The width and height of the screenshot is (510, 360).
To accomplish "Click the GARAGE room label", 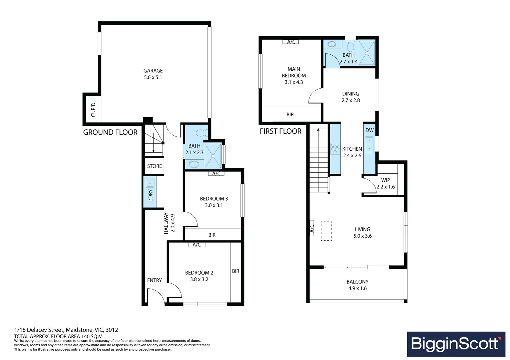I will [153, 71].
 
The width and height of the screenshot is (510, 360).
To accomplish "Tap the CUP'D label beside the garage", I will [93, 110].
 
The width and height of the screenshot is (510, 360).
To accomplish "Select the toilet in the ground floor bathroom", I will [201, 133].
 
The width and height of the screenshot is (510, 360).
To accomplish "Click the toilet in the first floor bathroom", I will [350, 46].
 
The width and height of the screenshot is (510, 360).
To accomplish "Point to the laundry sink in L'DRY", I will [150, 183].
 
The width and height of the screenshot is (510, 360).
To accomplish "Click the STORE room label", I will [154, 166].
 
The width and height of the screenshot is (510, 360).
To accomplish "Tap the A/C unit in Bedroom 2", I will [197, 245].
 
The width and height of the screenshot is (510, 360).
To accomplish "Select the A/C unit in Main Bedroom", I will [291, 42].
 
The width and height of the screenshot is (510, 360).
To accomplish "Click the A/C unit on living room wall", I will [312, 228].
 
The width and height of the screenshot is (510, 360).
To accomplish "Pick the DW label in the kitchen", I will [369, 130].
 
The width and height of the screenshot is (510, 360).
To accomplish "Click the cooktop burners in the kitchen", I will [335, 148].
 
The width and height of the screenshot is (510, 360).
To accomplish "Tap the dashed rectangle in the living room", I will [326, 231].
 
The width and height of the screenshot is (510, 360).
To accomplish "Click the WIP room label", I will [386, 180].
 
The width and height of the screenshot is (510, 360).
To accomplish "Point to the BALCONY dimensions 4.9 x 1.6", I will [357, 288].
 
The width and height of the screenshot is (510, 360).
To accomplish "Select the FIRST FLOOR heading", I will [281, 131].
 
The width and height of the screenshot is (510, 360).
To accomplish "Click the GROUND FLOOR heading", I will [110, 132].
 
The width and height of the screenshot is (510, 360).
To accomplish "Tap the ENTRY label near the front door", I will [154, 280].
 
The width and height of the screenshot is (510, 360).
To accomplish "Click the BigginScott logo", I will [456, 344].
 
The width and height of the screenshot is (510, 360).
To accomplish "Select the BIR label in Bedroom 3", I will [212, 235].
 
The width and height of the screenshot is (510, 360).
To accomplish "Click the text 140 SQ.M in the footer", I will [90, 336].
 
